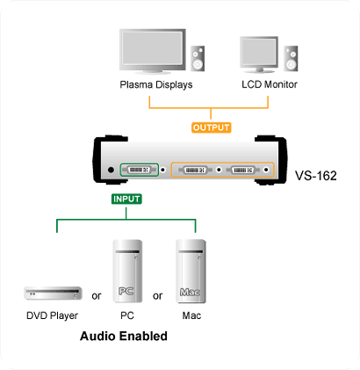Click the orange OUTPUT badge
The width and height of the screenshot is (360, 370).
(x=212, y=127)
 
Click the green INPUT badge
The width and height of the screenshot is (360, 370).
(x=126, y=199)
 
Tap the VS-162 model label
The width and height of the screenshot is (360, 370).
(x=316, y=176)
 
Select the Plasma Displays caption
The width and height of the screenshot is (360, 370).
(x=156, y=84)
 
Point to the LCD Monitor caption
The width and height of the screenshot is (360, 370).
(x=270, y=84)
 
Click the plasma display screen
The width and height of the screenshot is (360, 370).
(x=153, y=47)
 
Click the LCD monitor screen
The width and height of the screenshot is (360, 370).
(x=259, y=52)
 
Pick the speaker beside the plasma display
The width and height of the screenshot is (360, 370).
(x=198, y=58)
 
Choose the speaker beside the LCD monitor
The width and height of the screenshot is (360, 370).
(x=291, y=58)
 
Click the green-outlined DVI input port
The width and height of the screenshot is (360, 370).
(x=139, y=170)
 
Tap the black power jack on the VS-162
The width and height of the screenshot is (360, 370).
(x=111, y=170)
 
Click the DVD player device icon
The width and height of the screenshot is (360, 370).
(x=53, y=294)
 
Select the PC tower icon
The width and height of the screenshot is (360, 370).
(x=127, y=272)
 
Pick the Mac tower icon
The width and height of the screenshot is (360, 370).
(x=191, y=272)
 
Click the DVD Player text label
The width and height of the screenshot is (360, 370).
(x=52, y=316)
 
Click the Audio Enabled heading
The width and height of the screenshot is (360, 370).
(x=124, y=336)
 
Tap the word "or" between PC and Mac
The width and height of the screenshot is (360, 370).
(x=157, y=296)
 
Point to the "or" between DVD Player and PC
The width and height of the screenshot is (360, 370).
(x=97, y=296)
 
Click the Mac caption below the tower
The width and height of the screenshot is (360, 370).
(x=191, y=316)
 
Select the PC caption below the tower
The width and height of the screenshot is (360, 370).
(x=127, y=316)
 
